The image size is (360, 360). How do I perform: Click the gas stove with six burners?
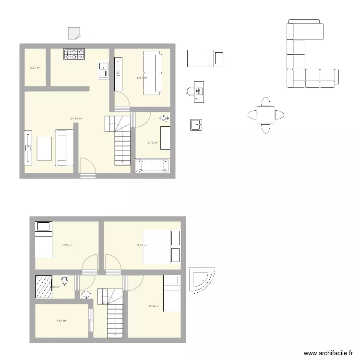[x=74, y=55]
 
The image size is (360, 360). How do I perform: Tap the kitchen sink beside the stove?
[x=103, y=70]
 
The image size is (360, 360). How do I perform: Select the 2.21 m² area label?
[x=35, y=68]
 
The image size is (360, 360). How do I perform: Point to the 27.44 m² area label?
[x=76, y=119]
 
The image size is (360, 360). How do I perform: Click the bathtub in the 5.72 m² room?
[x=153, y=165]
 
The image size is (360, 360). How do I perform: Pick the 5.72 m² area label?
[x=153, y=143]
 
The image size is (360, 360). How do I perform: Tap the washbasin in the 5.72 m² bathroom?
[x=165, y=117]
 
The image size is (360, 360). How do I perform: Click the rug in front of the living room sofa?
[x=44, y=149]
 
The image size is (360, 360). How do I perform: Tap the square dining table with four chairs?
[x=265, y=115]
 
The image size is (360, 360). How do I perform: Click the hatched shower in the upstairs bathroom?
[x=44, y=287]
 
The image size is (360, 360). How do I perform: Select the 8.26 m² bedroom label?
[x=67, y=245]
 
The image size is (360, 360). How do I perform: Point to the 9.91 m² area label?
[x=142, y=245]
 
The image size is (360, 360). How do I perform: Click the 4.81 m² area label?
[x=61, y=321]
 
